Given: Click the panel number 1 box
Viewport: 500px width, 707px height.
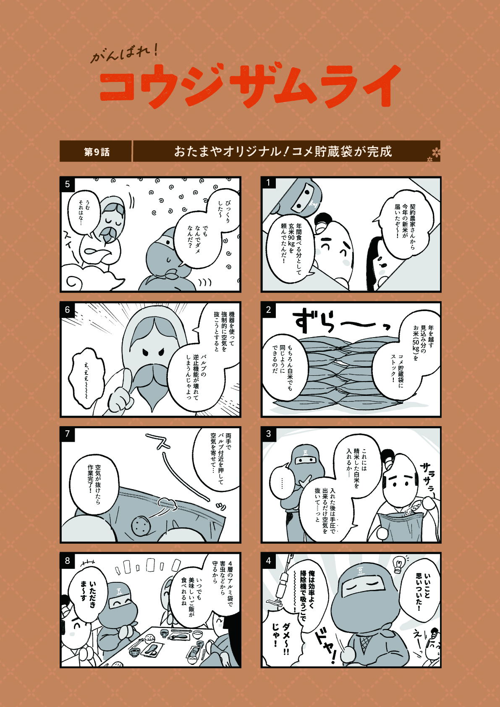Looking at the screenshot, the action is [268, 183].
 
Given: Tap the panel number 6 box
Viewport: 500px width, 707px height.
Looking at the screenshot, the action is [67, 310].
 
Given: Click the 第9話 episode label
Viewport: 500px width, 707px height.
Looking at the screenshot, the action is [97, 152].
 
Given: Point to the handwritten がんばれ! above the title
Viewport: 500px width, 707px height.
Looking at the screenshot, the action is [124, 54].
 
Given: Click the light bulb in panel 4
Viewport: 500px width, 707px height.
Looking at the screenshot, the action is [399, 564].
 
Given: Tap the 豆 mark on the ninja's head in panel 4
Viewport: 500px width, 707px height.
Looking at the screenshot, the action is [360, 571].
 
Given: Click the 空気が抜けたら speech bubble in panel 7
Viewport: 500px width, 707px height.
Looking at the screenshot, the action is [94, 479].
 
